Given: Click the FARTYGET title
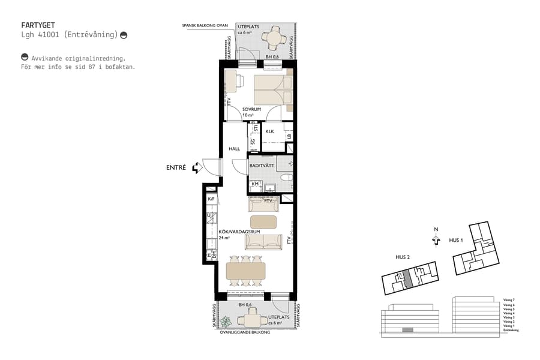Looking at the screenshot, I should [38, 25].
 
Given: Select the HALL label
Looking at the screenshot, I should [234, 149].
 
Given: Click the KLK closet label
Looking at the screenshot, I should [270, 131].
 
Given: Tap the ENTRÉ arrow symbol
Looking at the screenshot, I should [196, 169].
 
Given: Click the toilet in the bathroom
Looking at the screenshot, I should [286, 178].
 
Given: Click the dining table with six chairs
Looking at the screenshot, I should [246, 271].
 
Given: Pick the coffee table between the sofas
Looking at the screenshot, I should [264, 221].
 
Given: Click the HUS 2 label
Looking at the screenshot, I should [403, 257].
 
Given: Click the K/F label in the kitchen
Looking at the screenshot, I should [211, 199].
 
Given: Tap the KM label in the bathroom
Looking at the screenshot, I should [255, 184].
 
